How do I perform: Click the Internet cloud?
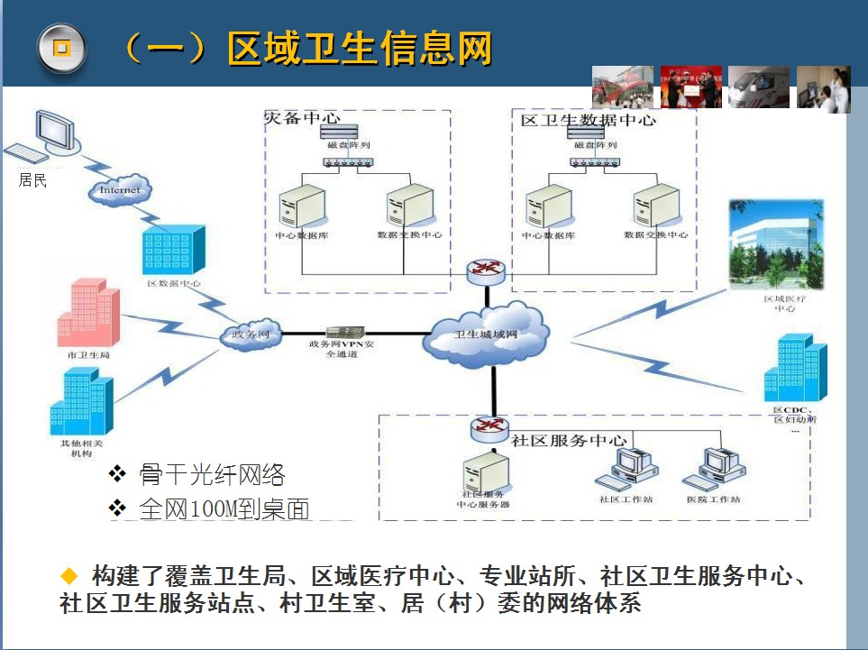120,189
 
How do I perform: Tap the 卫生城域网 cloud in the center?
488,334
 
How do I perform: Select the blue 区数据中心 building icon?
173,248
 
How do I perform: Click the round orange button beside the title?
61,49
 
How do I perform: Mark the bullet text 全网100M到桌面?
224,508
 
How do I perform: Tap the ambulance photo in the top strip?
758,87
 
